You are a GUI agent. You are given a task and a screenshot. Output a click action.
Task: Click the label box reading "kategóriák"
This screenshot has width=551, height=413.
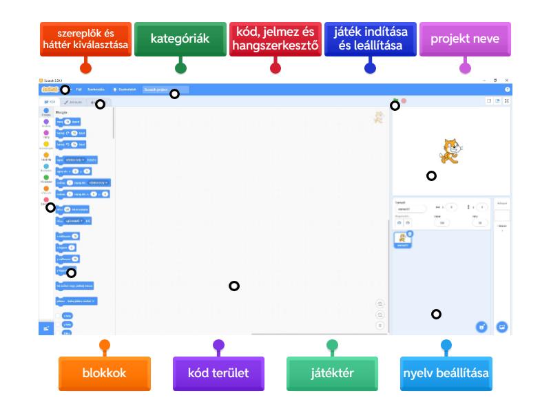point(180,39)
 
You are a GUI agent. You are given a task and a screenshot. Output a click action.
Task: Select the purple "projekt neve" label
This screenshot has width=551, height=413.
point(465,39)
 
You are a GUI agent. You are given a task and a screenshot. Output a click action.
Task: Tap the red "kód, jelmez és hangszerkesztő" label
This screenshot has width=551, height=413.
point(275,39)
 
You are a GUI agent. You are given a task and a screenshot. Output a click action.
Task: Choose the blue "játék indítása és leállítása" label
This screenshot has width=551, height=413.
point(370,39)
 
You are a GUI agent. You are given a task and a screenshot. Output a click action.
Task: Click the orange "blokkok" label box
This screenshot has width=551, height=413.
point(104,372)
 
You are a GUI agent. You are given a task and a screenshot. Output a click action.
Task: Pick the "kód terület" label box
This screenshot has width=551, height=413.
point(218,372)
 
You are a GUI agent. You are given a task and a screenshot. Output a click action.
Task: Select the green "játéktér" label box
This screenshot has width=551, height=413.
point(333,372)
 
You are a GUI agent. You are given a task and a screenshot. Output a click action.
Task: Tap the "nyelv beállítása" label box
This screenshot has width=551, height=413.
point(446,372)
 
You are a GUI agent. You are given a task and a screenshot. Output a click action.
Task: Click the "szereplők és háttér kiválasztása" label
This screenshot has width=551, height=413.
point(85,39)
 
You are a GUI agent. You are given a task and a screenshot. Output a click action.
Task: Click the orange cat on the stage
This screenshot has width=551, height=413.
point(449,151)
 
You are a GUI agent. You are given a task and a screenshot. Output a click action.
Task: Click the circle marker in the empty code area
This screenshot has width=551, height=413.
point(234,286)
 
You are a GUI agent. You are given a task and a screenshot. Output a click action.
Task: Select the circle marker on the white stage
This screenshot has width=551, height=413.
point(431,176)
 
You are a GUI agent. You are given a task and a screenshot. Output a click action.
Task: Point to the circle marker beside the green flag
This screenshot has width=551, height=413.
point(395,105)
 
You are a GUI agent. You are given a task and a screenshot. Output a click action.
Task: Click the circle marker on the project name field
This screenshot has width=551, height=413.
point(174,94)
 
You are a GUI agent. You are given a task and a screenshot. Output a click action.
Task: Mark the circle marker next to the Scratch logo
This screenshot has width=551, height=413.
point(64,89)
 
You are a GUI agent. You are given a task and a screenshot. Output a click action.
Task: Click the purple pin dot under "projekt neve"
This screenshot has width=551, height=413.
point(465,67)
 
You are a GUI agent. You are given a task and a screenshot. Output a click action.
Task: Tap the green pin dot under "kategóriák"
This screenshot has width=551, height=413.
point(180,67)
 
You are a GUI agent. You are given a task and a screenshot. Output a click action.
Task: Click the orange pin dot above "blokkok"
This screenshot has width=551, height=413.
point(104,345)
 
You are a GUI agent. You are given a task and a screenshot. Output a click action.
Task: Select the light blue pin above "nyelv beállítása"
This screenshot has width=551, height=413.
point(446,345)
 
